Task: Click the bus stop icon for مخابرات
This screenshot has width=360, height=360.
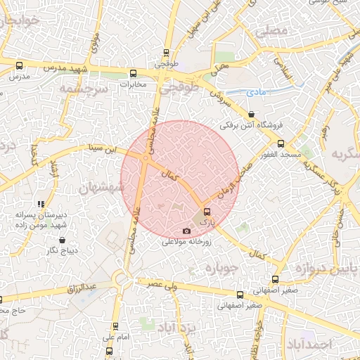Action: (x=133, y=74)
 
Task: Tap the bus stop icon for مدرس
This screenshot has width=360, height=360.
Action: (x=20, y=65)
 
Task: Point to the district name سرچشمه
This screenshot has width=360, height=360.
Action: (x=83, y=90)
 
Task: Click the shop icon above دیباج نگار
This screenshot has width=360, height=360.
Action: (x=63, y=240)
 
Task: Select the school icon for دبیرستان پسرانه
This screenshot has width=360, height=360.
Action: (x=41, y=204)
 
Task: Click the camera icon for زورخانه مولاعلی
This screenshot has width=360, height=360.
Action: (x=186, y=231)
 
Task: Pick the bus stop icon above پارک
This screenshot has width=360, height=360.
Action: (x=206, y=211)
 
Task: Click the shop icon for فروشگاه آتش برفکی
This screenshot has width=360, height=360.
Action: (x=251, y=115)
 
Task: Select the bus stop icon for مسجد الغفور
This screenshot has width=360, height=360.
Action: (x=281, y=143)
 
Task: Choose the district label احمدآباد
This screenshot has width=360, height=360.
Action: (x=309, y=345)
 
